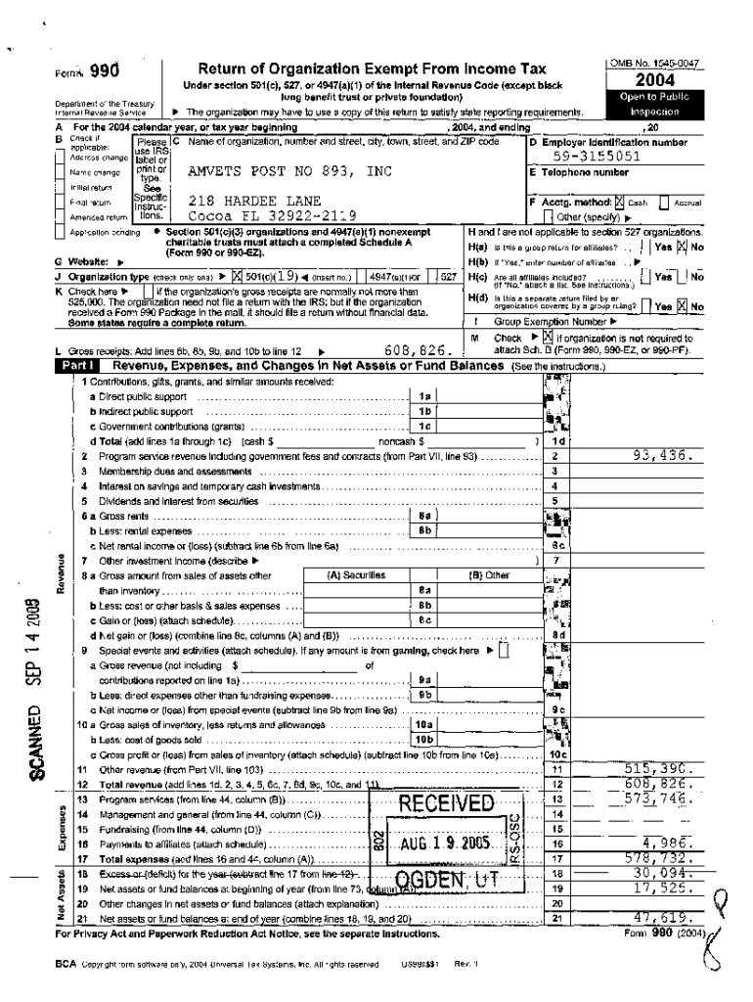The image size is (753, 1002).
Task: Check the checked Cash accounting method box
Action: point(617,202)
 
